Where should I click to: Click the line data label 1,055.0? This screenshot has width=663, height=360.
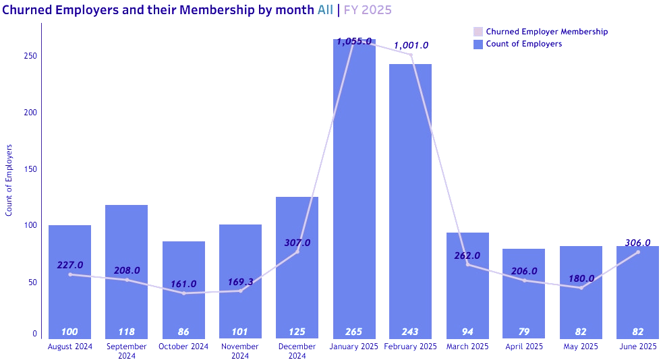(354, 41)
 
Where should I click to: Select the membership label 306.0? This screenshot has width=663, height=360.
(637, 243)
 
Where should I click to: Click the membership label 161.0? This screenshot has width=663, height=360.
(183, 284)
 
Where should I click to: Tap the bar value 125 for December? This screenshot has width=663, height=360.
(297, 332)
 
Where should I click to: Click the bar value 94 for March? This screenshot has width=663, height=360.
(467, 332)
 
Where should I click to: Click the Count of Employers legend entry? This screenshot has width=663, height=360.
(523, 44)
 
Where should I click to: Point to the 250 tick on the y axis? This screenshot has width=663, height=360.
(30, 56)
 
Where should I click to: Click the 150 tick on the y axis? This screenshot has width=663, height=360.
(30, 169)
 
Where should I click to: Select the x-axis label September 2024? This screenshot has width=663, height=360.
(126, 351)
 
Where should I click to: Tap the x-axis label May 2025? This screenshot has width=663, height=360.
(580, 347)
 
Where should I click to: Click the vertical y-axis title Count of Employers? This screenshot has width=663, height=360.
(9, 180)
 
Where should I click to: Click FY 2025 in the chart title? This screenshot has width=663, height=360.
(368, 10)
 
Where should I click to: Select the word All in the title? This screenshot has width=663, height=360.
(325, 10)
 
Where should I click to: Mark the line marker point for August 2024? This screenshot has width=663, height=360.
(70, 274)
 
